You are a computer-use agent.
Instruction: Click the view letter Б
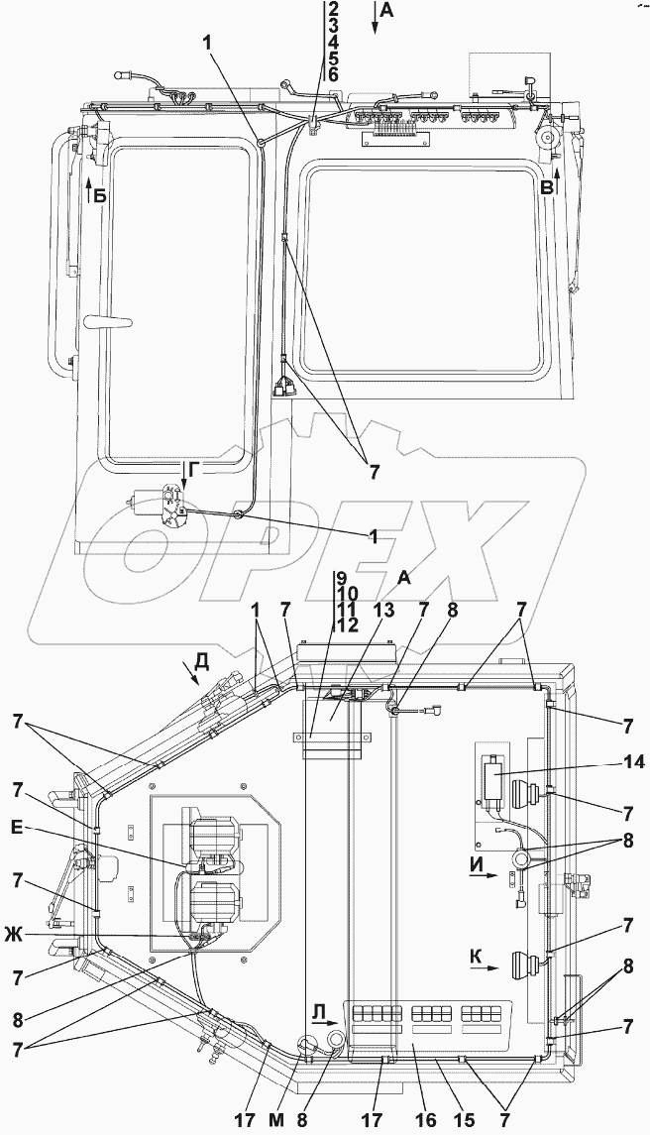point(100,196)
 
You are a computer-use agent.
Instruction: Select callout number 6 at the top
point(334,75)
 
